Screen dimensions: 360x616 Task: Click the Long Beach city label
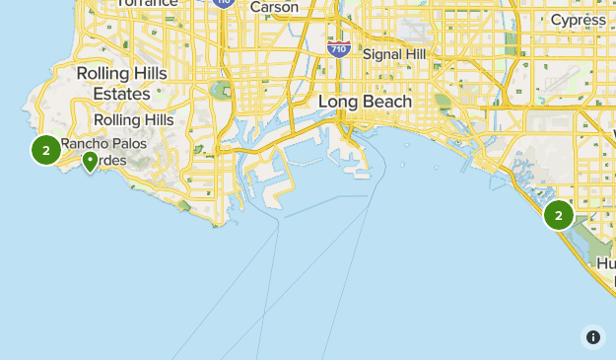[365, 101]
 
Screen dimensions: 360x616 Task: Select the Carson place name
[274, 7]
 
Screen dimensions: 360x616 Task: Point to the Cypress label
[579, 20]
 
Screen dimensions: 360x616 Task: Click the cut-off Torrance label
[148, 3]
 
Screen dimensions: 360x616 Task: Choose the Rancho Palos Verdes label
[105, 153]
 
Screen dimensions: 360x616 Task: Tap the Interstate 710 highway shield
[338, 47]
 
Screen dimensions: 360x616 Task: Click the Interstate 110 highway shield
[223, 3]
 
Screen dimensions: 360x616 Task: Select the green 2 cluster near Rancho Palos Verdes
[45, 150]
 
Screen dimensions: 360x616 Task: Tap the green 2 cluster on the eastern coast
[559, 214]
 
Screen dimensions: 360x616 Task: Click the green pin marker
[90, 161]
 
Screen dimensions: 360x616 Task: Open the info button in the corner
[592, 337]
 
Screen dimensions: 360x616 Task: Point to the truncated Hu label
[605, 264]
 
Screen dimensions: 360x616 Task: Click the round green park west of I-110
[222, 92]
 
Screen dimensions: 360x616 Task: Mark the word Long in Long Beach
[338, 101]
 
